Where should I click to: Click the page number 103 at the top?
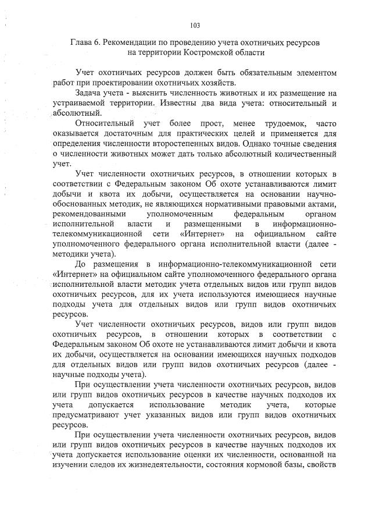(195, 25)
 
